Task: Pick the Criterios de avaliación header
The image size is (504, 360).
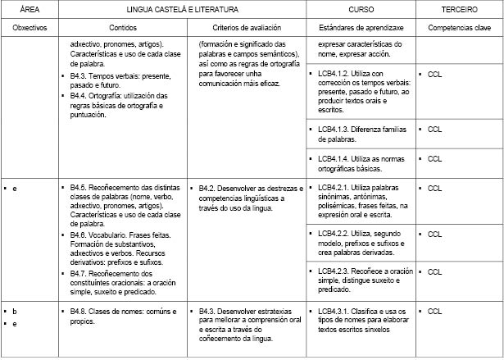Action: [x=247, y=27]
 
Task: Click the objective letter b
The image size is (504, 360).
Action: [x=15, y=312]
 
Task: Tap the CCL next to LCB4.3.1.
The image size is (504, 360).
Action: [x=434, y=312]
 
